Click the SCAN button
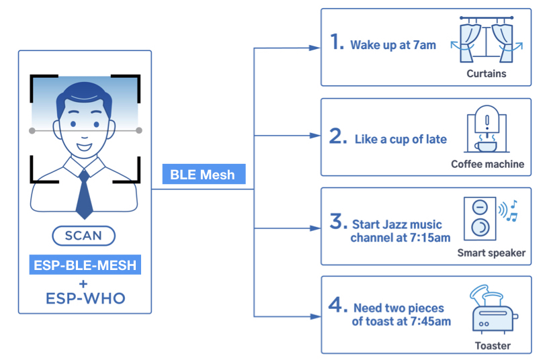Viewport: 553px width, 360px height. click(83, 236)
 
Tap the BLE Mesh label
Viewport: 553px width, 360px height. click(204, 174)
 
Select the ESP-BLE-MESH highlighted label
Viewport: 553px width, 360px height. click(85, 265)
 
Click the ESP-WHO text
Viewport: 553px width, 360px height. click(85, 298)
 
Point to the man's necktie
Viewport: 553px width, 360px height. click(84, 194)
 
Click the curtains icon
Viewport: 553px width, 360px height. click(486, 40)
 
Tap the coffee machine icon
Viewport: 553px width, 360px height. click(486, 129)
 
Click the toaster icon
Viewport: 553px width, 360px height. click(494, 309)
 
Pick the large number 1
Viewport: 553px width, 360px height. click(337, 41)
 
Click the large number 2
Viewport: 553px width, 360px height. click(338, 136)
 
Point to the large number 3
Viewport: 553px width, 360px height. click(339, 221)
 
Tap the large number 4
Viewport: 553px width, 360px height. click(338, 305)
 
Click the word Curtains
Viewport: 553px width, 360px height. click(486, 73)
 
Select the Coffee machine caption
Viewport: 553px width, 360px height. click(487, 164)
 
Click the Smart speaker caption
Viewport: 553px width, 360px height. click(491, 253)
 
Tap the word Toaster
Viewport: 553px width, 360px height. click(493, 345)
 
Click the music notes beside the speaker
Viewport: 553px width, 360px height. click(512, 211)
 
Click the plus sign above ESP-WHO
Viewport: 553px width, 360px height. click(83, 284)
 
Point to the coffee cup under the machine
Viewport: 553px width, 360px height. click(486, 146)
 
